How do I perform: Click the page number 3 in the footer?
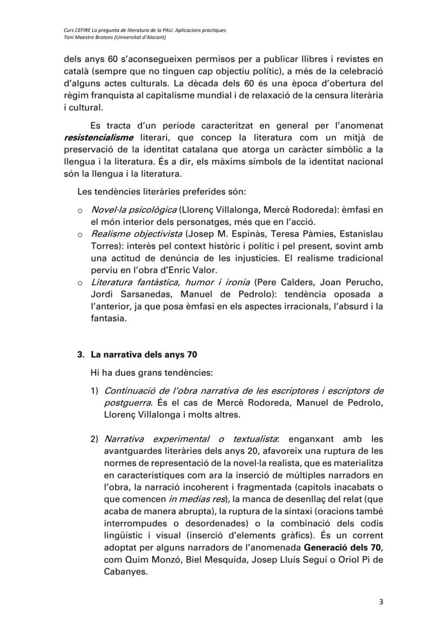pyautogui.click(x=381, y=604)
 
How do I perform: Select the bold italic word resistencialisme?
pyautogui.click(x=98, y=137)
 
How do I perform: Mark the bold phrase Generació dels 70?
pyautogui.click(x=344, y=548)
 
